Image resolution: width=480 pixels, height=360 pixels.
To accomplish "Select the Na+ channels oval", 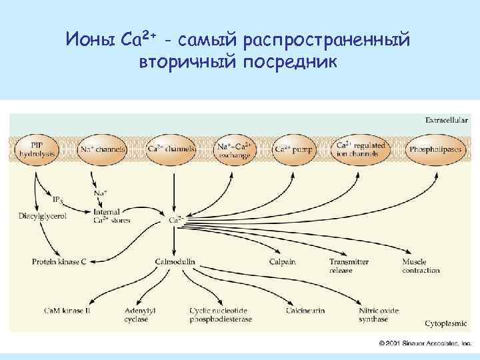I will tap(103, 149).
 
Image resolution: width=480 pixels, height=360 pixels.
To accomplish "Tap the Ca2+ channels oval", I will tap(171, 149).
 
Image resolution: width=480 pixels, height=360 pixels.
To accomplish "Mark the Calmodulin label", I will tap(175, 262).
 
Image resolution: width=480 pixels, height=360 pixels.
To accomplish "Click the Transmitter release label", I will tap(349, 266).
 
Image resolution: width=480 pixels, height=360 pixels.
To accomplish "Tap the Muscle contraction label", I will tap(421, 266).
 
